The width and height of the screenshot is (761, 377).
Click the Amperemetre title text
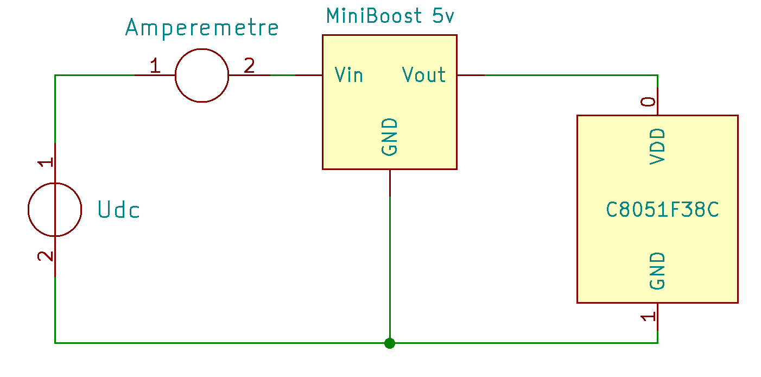point(202,28)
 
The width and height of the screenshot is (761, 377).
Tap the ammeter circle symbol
point(202,75)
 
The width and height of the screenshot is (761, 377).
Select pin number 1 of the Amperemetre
point(155,66)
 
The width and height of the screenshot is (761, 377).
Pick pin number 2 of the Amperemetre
point(249,66)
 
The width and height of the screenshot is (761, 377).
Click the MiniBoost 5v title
point(390,16)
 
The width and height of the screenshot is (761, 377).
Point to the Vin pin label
point(348,75)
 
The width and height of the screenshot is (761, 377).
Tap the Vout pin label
point(424,75)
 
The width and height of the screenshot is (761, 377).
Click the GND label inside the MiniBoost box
point(390,137)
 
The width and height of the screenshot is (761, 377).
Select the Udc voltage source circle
point(55,209)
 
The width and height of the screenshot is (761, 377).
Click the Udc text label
point(119,210)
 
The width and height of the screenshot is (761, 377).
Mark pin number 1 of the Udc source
point(46,162)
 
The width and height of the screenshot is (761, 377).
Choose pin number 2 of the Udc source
point(46,256)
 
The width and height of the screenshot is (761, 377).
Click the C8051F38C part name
point(662,210)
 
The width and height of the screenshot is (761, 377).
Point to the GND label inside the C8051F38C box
point(657,271)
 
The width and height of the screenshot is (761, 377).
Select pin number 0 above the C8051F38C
point(648,102)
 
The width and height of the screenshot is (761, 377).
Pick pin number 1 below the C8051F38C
point(648,317)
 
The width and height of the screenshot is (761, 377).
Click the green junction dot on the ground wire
point(389,343)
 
